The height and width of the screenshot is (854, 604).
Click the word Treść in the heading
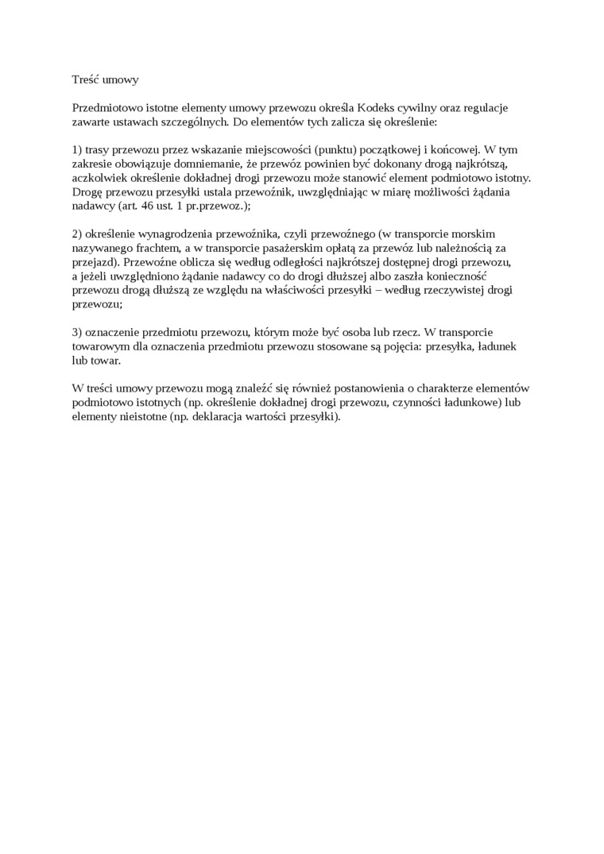(x=86, y=80)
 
